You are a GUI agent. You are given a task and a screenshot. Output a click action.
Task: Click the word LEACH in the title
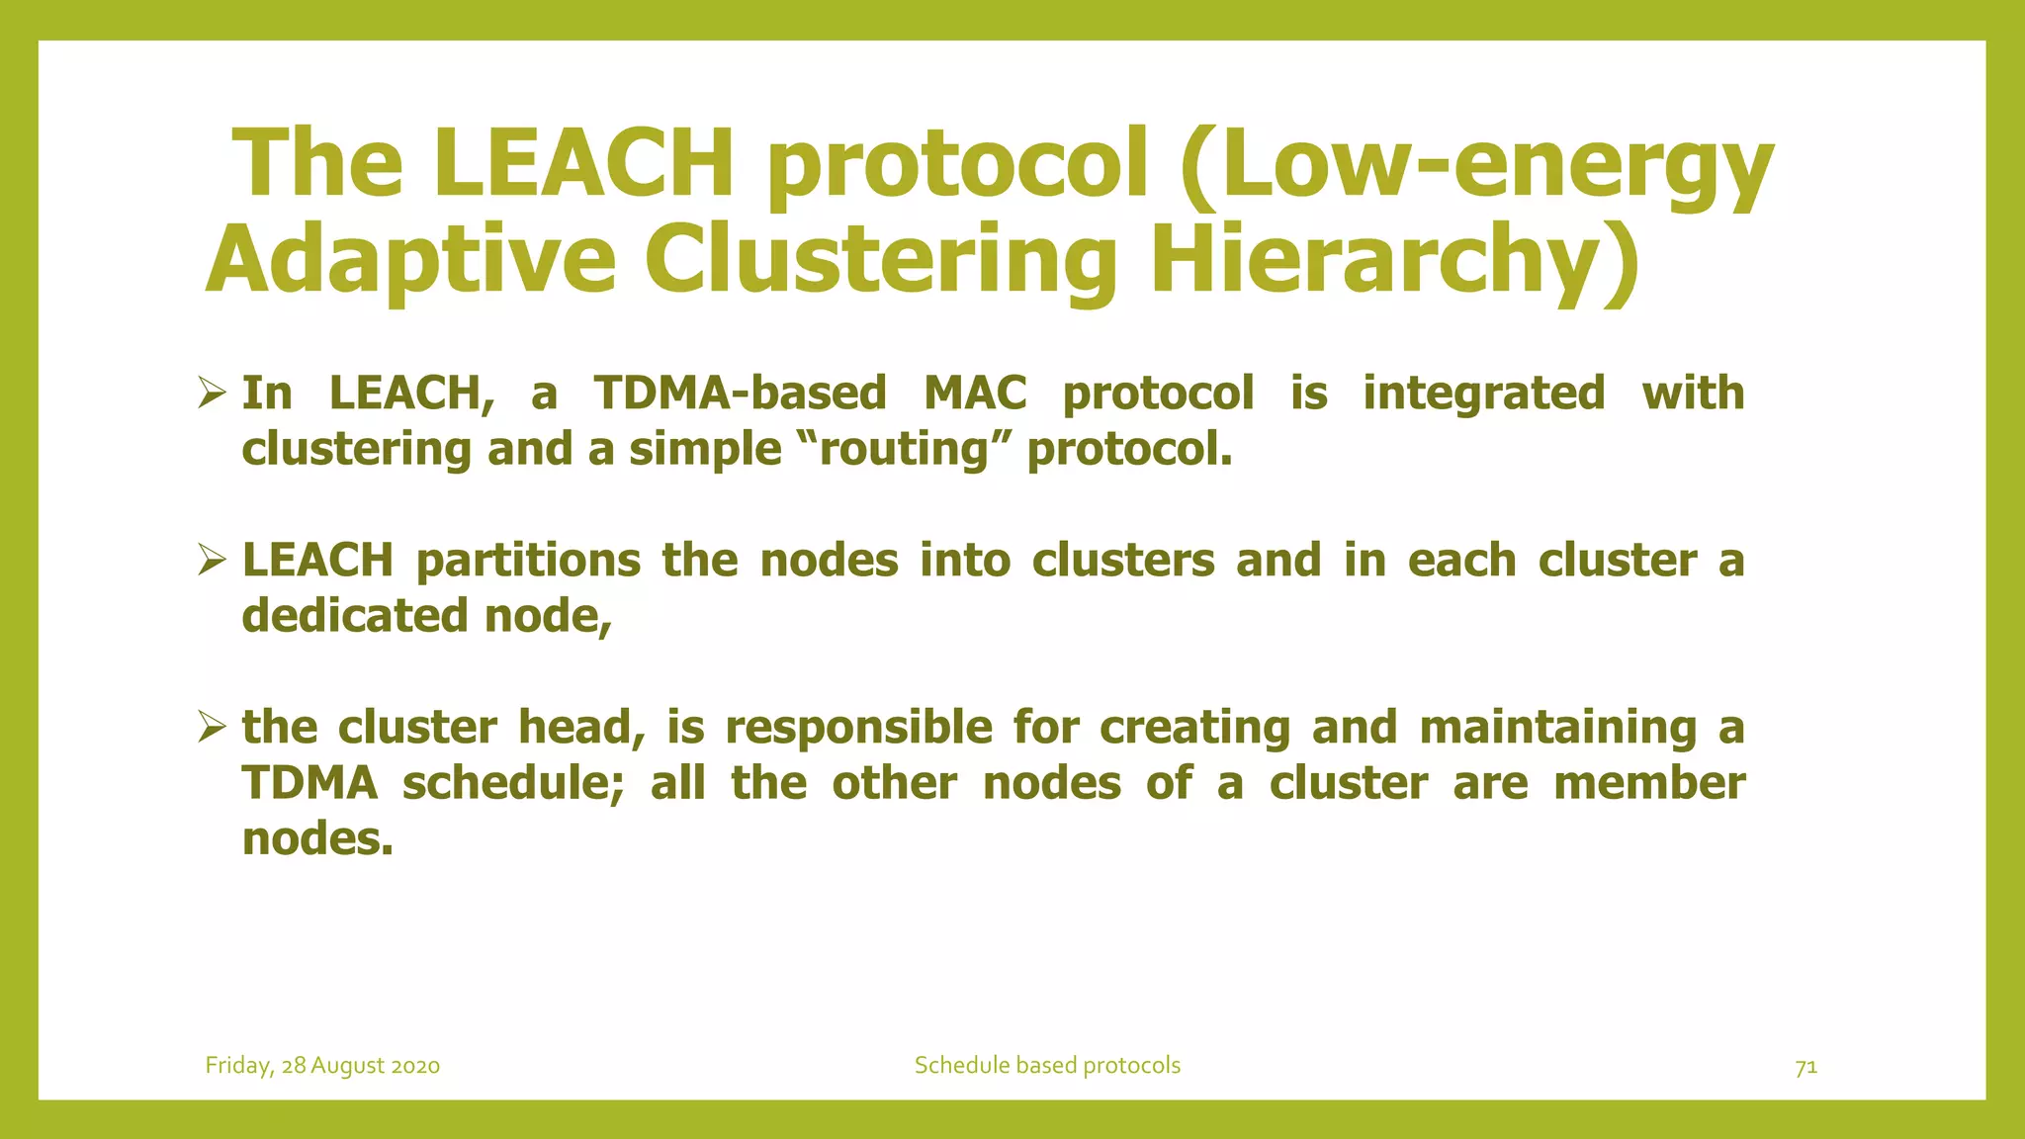coord(583,163)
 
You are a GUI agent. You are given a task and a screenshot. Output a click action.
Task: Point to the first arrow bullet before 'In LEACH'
coord(212,394)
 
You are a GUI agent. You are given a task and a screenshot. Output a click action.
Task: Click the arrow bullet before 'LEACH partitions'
coord(212,561)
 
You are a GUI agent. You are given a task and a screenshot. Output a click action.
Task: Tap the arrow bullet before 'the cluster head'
coord(212,728)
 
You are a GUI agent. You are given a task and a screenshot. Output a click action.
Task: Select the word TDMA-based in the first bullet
coord(741,393)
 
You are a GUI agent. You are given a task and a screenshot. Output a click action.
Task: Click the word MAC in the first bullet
coord(975,393)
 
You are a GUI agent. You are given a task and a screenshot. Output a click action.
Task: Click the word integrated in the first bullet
coord(1483,393)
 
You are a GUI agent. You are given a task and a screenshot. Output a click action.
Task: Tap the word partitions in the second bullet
coord(528,561)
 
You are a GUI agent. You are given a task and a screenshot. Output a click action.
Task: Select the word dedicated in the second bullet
coord(355,616)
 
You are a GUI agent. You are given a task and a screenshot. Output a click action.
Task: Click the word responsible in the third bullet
coord(858,728)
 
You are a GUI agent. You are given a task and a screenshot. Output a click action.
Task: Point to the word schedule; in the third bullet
coord(513,783)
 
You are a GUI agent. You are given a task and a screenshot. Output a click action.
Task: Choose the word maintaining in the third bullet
coord(1558,728)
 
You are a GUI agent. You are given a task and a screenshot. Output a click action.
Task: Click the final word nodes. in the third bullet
coord(317,839)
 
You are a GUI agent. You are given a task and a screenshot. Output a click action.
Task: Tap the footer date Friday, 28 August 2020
coord(322,1065)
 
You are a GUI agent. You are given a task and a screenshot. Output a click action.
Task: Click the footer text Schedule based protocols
coord(1047,1065)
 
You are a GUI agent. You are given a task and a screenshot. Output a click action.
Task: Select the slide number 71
coord(1805,1066)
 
